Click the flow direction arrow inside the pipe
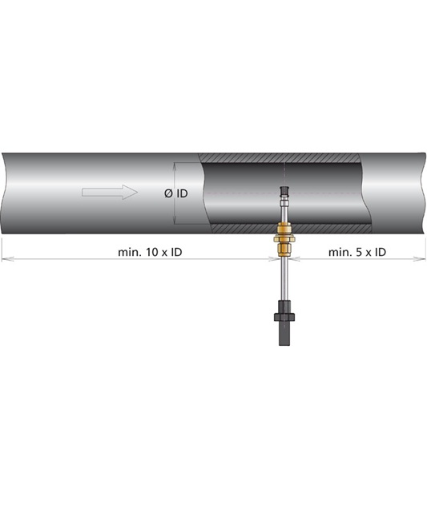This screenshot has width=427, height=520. coord(110,192)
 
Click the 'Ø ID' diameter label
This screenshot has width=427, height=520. coord(175,193)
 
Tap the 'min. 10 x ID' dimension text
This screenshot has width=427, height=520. coord(150,252)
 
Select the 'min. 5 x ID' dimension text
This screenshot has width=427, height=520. coord(357,252)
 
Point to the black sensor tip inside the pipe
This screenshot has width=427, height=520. coord(284,190)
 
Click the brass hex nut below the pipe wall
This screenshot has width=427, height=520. coord(284,238)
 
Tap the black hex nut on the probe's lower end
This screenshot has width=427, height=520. coord(284,317)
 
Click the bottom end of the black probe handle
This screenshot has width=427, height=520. coord(284,345)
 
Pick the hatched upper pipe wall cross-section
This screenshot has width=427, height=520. coord(279,158)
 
